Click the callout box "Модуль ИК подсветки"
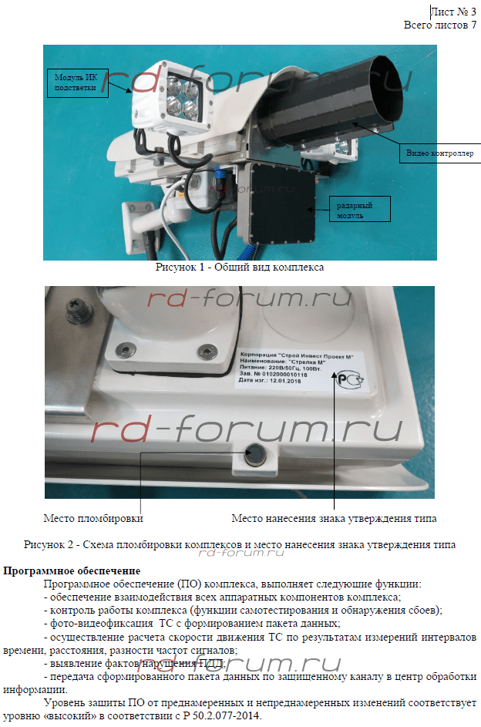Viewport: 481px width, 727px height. tap(77, 83)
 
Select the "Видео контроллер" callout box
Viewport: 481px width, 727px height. tap(439, 153)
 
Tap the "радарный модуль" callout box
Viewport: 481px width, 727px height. tap(359, 209)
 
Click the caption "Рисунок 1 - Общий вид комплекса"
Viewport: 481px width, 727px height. tap(240, 267)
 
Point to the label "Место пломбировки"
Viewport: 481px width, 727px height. tap(93, 518)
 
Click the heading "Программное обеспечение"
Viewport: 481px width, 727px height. tap(72, 570)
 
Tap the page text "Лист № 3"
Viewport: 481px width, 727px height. tap(453, 12)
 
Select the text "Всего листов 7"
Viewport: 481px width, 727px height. tap(439, 25)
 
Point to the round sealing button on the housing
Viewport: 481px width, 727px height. tap(255, 455)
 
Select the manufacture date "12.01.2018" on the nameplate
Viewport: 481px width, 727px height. tap(285, 381)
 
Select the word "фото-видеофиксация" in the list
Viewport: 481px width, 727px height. tap(102, 623)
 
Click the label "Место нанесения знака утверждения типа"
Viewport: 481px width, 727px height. tap(334, 518)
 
